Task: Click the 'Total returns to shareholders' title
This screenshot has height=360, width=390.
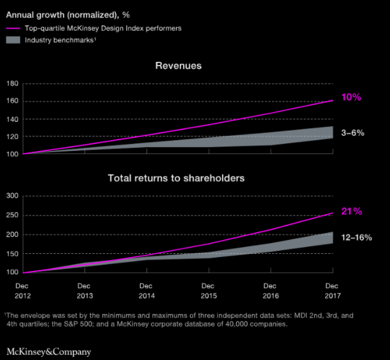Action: coord(176,178)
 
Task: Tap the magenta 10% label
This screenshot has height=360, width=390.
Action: coord(352,98)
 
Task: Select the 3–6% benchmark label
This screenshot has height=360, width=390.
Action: coord(352,133)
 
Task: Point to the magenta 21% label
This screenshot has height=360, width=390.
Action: coord(352,212)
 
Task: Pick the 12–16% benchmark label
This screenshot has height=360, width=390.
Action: coord(356,237)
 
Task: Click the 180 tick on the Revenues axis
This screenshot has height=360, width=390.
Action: coord(12,83)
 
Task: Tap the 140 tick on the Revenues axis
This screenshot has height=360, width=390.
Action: coord(12,119)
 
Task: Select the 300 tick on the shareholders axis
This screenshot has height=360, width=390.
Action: coord(12,196)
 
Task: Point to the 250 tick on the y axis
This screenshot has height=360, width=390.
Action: coord(12,215)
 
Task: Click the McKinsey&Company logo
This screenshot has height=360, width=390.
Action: coord(49,351)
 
